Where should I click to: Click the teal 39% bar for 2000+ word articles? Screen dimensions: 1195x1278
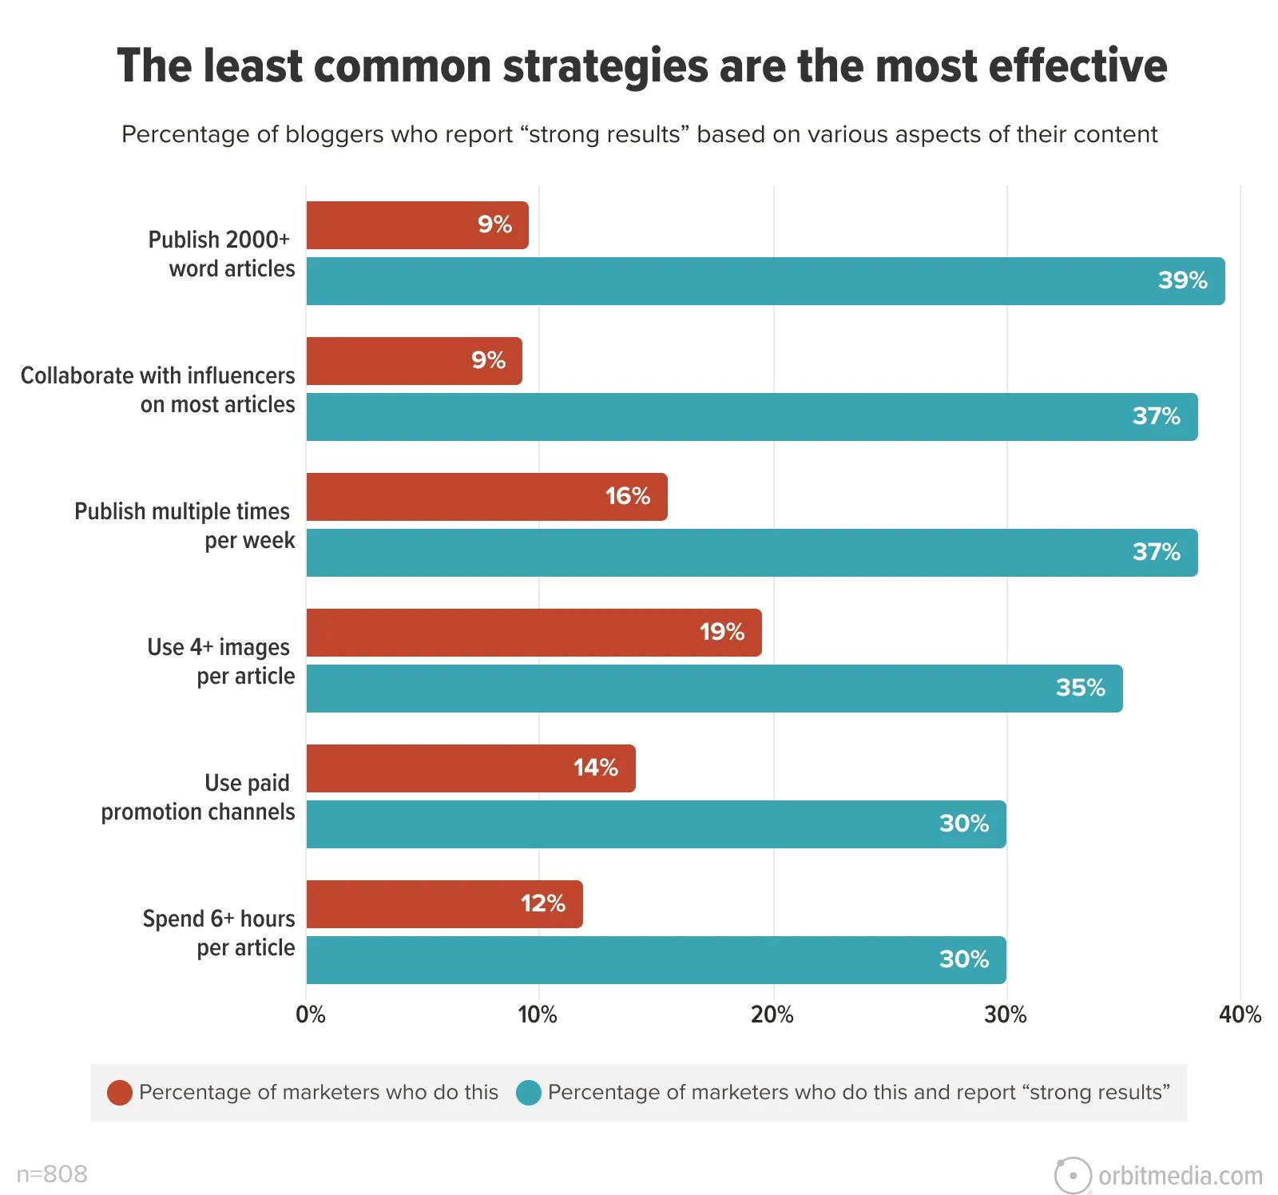tap(765, 281)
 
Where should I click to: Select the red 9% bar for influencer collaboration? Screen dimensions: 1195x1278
tap(414, 361)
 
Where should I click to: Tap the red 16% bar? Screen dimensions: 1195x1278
tap(486, 497)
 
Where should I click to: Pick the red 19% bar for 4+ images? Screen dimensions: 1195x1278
tap(534, 633)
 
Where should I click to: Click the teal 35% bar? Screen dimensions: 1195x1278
tap(714, 689)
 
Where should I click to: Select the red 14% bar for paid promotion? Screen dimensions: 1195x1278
tap(470, 768)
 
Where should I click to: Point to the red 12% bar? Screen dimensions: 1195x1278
tap(444, 904)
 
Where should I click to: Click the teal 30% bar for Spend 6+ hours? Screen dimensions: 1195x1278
tap(656, 960)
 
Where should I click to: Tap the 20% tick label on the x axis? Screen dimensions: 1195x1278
tap(772, 1014)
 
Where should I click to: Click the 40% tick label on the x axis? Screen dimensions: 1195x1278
tap(1240, 1014)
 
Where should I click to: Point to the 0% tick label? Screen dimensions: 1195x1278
tap(310, 1014)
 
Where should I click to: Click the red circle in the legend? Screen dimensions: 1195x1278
tap(120, 1092)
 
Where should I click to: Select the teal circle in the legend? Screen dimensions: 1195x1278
tap(529, 1092)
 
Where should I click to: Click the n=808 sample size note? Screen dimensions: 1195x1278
tap(52, 1173)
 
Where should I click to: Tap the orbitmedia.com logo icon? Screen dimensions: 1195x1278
tap(1072, 1175)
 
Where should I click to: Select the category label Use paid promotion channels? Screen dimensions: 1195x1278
tap(197, 797)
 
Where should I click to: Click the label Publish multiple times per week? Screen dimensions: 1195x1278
tap(184, 526)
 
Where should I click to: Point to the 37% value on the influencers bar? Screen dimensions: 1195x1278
tap(1156, 416)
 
